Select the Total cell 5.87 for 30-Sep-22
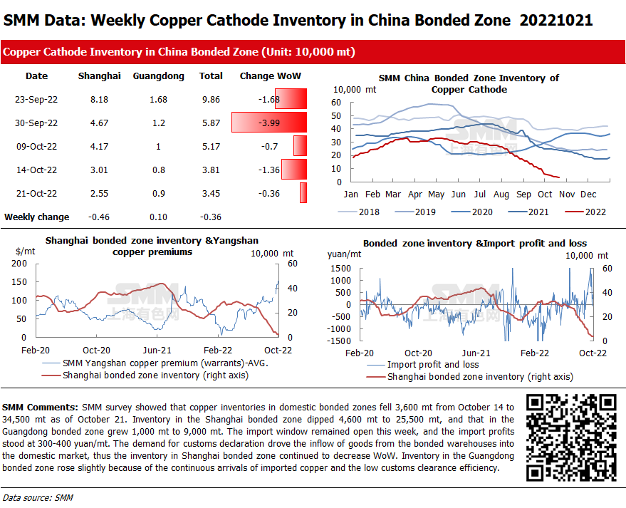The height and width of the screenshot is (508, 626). pyautogui.click(x=211, y=123)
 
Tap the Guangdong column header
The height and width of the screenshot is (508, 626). pyautogui.click(x=158, y=76)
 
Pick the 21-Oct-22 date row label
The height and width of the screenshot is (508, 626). pyautogui.click(x=36, y=193)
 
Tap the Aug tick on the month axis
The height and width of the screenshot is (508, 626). pyautogui.click(x=501, y=194)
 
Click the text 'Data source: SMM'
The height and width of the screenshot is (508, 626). pyautogui.click(x=38, y=497)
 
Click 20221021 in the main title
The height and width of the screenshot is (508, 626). pyautogui.click(x=556, y=20)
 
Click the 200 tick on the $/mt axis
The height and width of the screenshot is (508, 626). pyautogui.click(x=19, y=264)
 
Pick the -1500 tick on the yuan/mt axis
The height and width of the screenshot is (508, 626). pyautogui.click(x=340, y=341)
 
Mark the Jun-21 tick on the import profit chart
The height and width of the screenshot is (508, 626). pyautogui.click(x=476, y=353)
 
